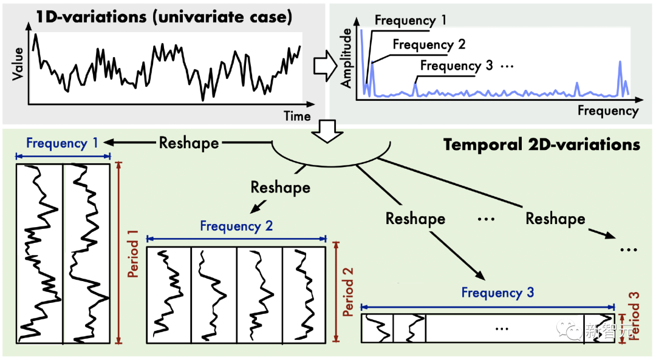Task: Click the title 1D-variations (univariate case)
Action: (x=163, y=17)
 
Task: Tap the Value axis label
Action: (x=18, y=64)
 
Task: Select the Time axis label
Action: (x=297, y=116)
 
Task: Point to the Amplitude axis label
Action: (x=346, y=58)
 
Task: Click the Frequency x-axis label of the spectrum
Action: (x=608, y=111)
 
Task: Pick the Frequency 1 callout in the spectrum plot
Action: (x=410, y=20)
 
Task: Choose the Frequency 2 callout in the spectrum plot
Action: (x=429, y=44)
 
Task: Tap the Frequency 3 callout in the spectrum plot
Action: (x=456, y=66)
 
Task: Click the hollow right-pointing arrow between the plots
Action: (x=326, y=66)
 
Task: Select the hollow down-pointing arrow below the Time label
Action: (x=327, y=132)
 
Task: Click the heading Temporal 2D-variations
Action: (x=542, y=144)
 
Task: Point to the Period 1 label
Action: (x=133, y=253)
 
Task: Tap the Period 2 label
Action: (x=348, y=292)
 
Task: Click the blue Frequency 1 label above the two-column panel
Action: (x=62, y=143)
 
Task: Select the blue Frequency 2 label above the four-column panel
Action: (x=236, y=226)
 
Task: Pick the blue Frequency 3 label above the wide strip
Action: (x=497, y=293)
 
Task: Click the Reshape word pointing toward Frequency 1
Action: (x=189, y=143)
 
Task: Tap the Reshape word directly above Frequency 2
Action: (x=280, y=188)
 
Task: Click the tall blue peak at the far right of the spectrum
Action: (x=620, y=79)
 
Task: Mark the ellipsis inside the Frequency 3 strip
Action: (x=501, y=328)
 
